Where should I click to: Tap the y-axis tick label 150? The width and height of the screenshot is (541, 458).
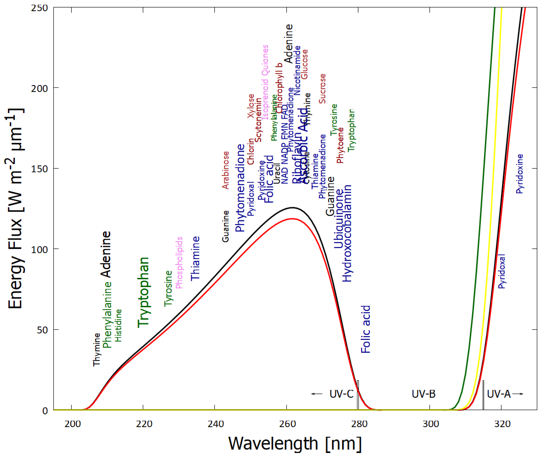(39, 169)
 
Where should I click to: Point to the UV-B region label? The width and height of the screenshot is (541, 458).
(423, 394)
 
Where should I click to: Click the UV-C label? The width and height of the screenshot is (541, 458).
(341, 394)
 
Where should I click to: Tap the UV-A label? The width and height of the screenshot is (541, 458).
(499, 394)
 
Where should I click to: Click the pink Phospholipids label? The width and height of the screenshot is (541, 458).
(179, 262)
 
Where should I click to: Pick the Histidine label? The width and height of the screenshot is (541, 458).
(118, 325)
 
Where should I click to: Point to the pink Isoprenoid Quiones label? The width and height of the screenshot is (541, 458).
(265, 82)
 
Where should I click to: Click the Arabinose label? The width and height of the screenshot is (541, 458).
(226, 170)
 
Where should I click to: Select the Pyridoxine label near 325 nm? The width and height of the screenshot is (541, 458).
(519, 174)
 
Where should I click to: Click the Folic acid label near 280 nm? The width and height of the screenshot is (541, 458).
(366, 329)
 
